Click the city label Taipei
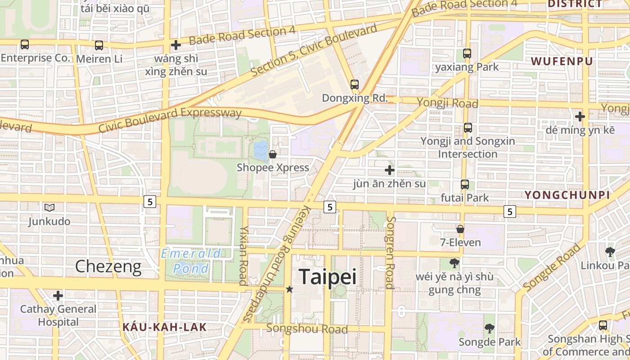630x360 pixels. point(327,277)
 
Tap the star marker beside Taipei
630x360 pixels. point(290,289)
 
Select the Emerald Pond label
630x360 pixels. point(191,261)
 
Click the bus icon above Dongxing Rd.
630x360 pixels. point(355,84)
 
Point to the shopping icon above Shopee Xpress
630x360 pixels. point(273,154)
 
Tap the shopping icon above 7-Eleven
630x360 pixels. point(460,229)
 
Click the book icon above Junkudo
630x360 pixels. point(49,207)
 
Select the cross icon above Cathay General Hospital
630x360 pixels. point(58,296)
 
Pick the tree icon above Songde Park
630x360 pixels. point(490,328)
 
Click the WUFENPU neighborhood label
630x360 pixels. point(562,61)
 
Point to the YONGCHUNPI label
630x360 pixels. point(567,195)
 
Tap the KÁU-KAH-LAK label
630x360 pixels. point(164,327)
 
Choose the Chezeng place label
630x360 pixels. point(108,266)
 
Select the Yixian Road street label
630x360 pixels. point(243,255)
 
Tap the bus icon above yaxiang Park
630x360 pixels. point(467,54)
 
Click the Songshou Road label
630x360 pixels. point(307,329)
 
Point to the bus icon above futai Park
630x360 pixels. point(465,184)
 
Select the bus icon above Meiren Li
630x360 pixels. point(99,45)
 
